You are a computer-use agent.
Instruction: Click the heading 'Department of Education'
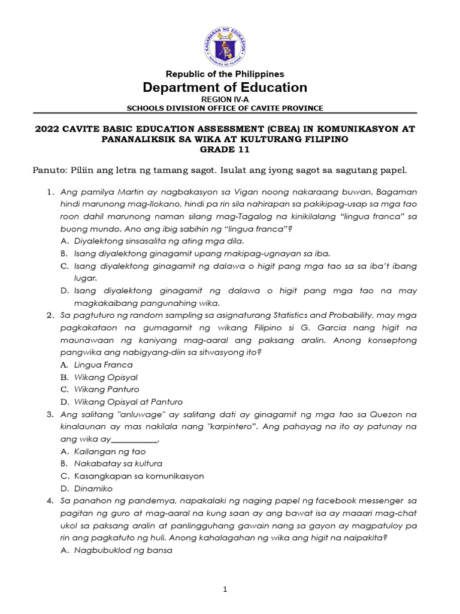tap(225, 88)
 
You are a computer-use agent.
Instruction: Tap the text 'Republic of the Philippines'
tap(225, 74)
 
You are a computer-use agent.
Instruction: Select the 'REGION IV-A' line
tap(225, 100)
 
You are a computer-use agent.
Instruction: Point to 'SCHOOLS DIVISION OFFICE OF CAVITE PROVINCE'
tap(225, 109)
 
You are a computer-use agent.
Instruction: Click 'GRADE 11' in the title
tap(225, 150)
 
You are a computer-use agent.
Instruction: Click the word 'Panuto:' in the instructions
tap(48, 170)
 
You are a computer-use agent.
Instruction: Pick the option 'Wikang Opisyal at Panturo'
tap(128, 402)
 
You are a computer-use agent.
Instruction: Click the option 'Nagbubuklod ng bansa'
tap(123, 550)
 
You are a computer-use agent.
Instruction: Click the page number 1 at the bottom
tap(225, 590)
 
